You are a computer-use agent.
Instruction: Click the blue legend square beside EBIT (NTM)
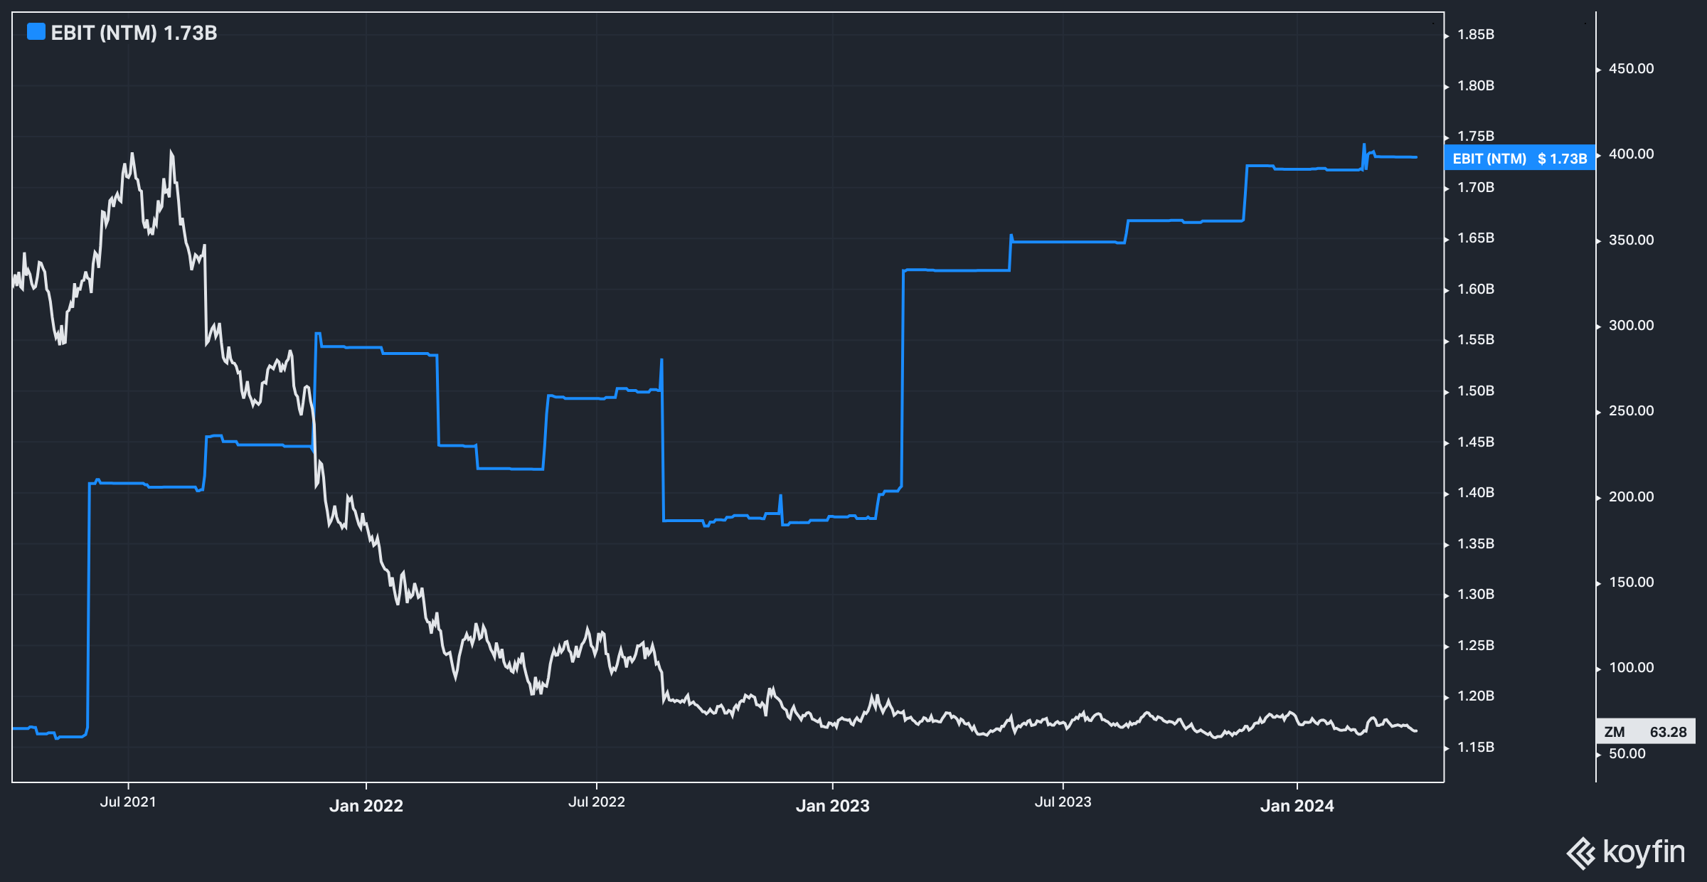pos(36,32)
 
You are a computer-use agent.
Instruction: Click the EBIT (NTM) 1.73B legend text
pos(134,33)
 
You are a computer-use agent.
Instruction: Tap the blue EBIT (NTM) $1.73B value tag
pos(1519,159)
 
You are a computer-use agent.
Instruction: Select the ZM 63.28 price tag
pos(1645,732)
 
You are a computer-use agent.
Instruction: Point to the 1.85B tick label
pos(1476,34)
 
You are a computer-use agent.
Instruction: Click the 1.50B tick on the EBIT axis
pos(1476,391)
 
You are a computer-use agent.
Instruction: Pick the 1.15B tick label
pos(1476,748)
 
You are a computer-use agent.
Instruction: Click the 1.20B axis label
pos(1476,696)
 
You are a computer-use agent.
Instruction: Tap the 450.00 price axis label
pos(1631,69)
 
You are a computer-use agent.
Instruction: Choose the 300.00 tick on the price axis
pos(1631,326)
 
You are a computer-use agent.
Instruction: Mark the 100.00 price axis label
pos(1631,668)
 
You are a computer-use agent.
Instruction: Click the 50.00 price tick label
pos(1627,754)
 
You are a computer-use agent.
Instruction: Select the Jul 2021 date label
pos(128,802)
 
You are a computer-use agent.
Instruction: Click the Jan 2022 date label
pos(366,806)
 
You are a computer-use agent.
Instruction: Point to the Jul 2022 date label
pos(596,802)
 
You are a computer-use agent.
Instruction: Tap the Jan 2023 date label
pos(832,806)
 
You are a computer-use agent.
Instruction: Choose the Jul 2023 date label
pos(1063,802)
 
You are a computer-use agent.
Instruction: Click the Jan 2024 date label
pos(1297,806)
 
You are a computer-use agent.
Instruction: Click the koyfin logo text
pos(1643,852)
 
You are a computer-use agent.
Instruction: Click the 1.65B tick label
pos(1476,238)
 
